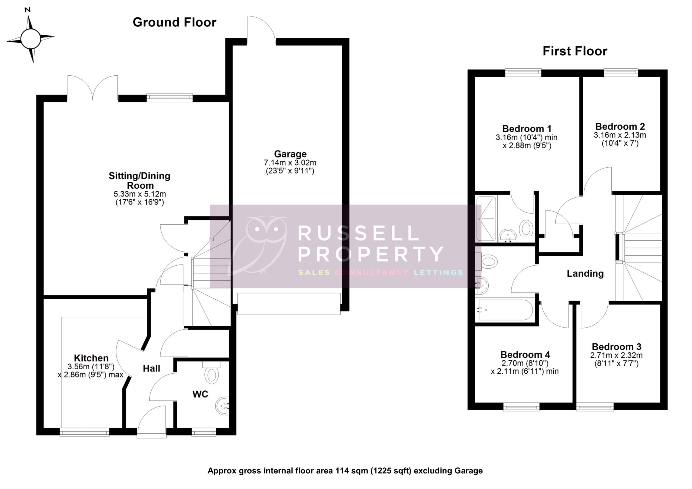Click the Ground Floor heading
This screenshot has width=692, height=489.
point(175,22)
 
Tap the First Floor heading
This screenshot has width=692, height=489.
point(575,51)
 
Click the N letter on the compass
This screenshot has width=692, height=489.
point(28,10)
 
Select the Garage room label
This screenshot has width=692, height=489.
point(290,154)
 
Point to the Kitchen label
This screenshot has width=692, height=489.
point(91,358)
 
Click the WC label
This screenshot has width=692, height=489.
point(200,394)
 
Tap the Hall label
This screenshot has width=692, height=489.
point(151,368)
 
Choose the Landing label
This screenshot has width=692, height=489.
point(585,274)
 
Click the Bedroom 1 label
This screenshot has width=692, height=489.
point(527,129)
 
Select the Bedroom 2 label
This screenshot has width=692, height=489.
point(620,126)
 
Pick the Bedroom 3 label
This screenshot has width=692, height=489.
point(616,347)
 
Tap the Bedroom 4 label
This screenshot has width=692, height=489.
point(525,355)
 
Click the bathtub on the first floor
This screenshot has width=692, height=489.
point(505,310)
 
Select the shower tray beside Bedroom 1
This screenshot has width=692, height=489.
point(486,219)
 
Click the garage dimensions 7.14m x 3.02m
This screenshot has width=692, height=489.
point(290,163)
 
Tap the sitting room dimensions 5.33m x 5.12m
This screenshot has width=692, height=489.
point(139,194)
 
